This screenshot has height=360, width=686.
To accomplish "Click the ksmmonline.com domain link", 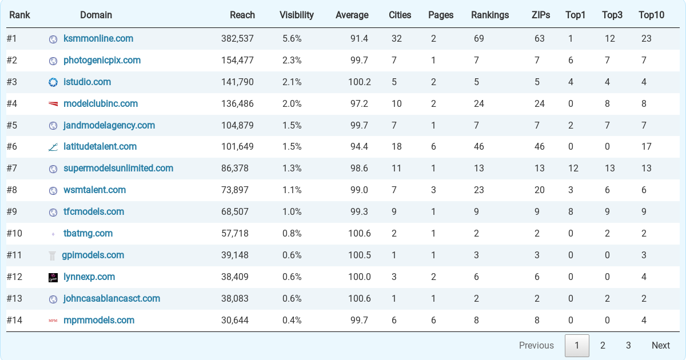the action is [x=98, y=39].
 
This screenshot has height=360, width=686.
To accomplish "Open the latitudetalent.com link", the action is [x=100, y=147].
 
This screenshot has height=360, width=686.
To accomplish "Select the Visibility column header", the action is [x=297, y=15].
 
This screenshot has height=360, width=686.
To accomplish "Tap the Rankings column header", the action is [x=490, y=15].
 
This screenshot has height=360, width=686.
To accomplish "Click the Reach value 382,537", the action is [x=237, y=39].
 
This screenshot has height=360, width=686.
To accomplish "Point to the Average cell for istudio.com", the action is [x=359, y=82].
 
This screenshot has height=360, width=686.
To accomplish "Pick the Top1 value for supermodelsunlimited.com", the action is [x=573, y=169].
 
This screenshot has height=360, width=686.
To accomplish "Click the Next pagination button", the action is [x=661, y=345].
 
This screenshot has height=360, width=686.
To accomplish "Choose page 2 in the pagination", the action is [x=603, y=345].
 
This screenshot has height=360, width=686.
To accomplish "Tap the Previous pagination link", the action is [x=536, y=345].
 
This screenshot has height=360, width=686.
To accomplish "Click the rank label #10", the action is [x=14, y=234].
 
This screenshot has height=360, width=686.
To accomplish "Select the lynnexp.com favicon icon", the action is [x=53, y=277].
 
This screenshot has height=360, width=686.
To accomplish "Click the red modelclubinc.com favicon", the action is [x=53, y=104].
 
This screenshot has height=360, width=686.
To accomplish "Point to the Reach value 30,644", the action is [x=235, y=320].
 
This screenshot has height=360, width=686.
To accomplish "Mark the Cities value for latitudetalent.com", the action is [x=396, y=147].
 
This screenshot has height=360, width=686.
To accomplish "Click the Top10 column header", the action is [x=651, y=15].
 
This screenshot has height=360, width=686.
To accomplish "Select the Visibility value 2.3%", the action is [x=292, y=61].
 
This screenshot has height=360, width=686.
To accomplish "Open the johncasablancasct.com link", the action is [x=111, y=298].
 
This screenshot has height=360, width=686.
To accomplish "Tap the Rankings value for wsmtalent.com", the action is [x=478, y=190].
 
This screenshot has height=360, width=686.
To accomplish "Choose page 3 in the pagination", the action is [x=628, y=345].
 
